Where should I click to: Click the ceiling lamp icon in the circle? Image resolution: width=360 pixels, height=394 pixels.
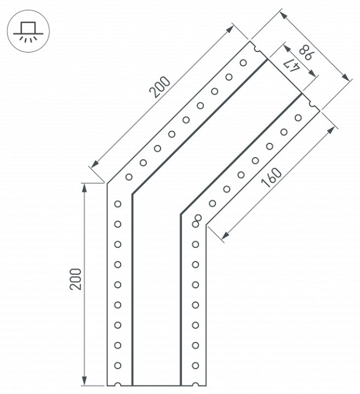click(27, 30)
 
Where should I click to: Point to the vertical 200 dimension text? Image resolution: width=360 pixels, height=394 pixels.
click(76, 279)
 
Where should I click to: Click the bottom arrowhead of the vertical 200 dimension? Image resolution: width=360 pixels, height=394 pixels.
click(85, 382)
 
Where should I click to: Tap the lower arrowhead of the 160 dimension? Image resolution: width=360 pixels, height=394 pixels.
click(225, 235)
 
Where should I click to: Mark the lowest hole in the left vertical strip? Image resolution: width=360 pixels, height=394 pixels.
click(117, 365)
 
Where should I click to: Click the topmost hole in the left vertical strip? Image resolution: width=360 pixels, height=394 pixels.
click(117, 204)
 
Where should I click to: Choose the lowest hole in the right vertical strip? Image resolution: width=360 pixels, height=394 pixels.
click(195, 365)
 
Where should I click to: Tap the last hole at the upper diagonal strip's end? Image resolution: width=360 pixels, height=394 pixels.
click(243, 62)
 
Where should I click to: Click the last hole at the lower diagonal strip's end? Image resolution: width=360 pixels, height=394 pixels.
click(298, 118)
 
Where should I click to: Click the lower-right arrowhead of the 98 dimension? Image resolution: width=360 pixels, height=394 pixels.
click(345, 78)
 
